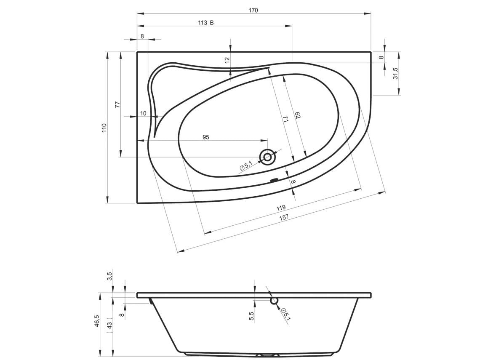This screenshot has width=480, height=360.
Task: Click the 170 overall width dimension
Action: [x=253, y=10]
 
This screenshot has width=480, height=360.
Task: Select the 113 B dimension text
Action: [x=206, y=23]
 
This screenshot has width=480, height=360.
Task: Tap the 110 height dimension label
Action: [x=104, y=128]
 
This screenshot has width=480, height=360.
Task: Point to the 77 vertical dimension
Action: [x=117, y=104]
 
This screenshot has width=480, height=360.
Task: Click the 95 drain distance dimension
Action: [x=206, y=137]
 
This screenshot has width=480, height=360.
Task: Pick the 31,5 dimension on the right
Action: [x=395, y=73]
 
